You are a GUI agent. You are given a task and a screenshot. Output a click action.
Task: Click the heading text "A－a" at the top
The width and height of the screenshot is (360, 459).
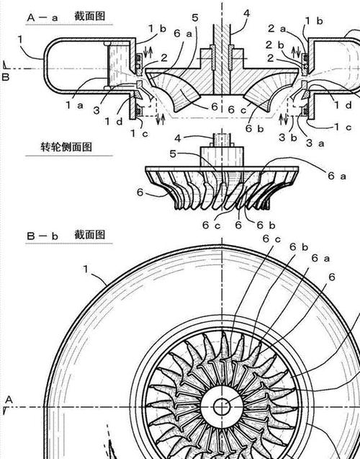[x=39, y=15]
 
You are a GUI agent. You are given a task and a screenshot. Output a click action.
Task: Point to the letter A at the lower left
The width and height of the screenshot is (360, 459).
[x=9, y=398]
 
